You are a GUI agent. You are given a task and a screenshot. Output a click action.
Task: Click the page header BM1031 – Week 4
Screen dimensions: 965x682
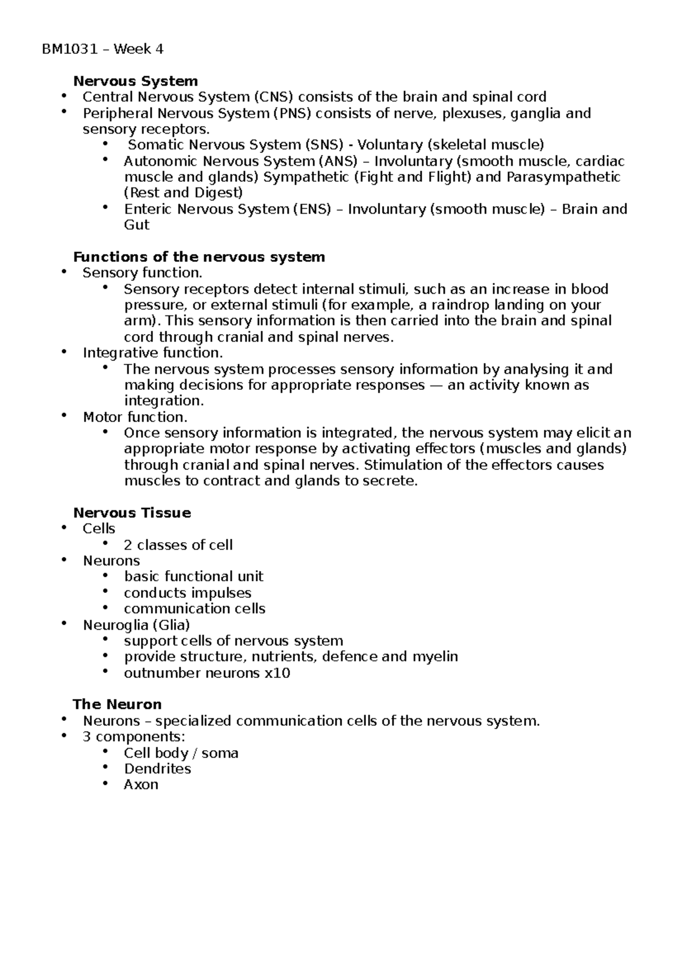[x=102, y=49]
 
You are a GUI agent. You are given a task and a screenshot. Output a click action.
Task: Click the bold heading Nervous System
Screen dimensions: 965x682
[x=135, y=81]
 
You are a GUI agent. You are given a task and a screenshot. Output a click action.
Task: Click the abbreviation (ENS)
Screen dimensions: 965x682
[x=312, y=209]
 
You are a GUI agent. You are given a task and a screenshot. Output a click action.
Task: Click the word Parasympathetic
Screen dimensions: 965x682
[x=563, y=177]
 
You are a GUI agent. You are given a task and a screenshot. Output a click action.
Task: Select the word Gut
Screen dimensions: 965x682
[x=136, y=225]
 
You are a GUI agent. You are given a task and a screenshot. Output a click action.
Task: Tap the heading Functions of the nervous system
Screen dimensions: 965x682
[x=199, y=257]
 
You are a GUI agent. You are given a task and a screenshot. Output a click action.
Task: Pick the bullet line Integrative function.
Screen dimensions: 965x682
[x=152, y=353]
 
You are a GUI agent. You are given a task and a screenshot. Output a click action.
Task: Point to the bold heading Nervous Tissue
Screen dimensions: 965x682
[x=132, y=513]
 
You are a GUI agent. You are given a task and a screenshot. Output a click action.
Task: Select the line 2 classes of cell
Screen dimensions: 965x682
[x=178, y=545]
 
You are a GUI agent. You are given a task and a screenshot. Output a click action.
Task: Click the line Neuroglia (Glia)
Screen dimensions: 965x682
[x=136, y=625]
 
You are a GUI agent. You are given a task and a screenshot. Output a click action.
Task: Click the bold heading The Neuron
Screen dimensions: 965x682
[x=117, y=705]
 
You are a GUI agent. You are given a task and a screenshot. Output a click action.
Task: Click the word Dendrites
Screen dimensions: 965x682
[x=157, y=769]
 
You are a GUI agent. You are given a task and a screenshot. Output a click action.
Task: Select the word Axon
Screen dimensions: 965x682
[x=141, y=785]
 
